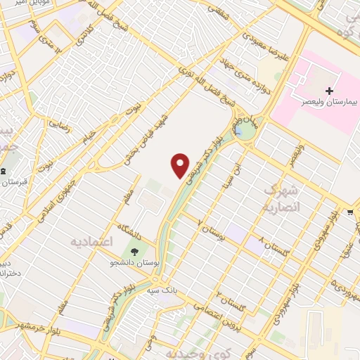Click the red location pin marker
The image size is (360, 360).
[x=181, y=165]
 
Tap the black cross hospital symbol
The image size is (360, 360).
[x=330, y=91]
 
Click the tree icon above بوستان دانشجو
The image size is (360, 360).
[x=133, y=250]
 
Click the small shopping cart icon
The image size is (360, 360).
[x=349, y=211]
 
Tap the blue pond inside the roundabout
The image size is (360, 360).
[x=240, y=131]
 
